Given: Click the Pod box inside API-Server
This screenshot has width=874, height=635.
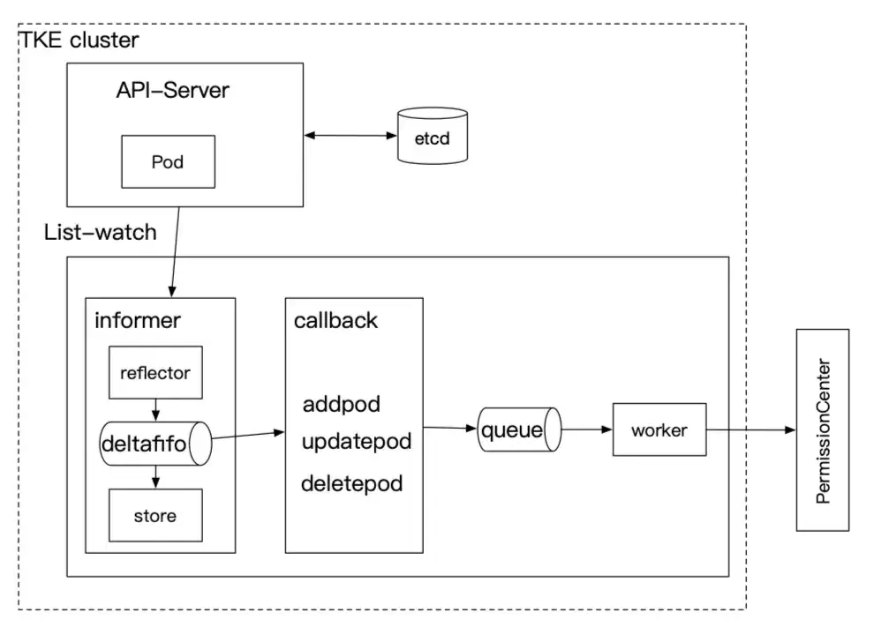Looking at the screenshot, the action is (x=169, y=161).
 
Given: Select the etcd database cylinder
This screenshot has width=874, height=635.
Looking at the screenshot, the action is (x=433, y=135).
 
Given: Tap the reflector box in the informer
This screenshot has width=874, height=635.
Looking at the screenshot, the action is (x=155, y=373).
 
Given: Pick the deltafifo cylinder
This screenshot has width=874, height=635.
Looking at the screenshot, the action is (x=155, y=444).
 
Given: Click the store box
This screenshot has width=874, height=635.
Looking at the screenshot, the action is (x=155, y=515).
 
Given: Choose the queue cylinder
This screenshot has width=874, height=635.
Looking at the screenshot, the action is (x=519, y=430).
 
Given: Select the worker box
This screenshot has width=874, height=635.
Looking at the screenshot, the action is (x=659, y=430).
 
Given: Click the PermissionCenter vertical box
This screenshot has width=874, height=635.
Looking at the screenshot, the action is (x=823, y=430).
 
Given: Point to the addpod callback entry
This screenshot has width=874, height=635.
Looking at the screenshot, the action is (x=342, y=405).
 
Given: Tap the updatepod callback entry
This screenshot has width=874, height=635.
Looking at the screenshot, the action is (x=357, y=442).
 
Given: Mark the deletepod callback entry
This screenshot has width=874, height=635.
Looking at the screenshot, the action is (x=351, y=483).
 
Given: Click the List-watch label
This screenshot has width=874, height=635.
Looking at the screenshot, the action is (x=101, y=232).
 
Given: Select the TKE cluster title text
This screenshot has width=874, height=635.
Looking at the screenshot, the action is (x=79, y=40).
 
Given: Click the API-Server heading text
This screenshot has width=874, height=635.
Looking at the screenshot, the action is (x=173, y=90).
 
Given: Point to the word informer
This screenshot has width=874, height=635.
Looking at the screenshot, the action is (x=138, y=320).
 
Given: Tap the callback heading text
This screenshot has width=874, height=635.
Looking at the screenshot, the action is (x=335, y=320).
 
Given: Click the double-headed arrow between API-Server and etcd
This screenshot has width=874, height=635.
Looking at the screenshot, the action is (x=350, y=135).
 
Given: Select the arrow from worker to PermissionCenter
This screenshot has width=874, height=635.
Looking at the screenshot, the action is (x=751, y=430).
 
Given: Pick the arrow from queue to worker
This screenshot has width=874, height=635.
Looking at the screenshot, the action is (x=587, y=430).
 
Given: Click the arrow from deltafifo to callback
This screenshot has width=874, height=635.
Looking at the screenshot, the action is (x=248, y=435).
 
